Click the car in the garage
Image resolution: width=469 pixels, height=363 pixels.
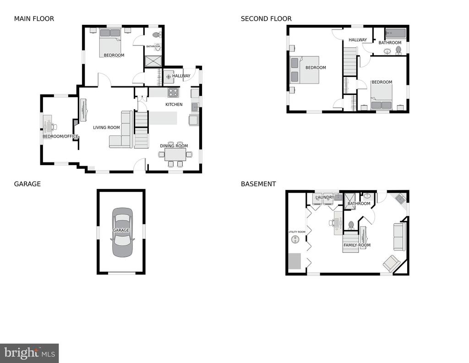point(122,232)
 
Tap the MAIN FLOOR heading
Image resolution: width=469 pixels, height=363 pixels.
point(34,18)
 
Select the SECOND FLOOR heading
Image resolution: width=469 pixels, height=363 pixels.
point(266,18)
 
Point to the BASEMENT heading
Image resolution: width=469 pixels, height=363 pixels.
point(258,184)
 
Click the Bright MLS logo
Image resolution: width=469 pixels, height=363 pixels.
point(29,353)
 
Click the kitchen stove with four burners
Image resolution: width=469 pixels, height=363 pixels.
point(174,93)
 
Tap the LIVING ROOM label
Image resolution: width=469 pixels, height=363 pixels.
point(106,128)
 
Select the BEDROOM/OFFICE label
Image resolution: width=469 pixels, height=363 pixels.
point(60,136)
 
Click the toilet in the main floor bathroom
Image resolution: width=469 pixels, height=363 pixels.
point(157,35)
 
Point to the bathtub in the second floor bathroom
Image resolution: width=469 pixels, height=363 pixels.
point(395,33)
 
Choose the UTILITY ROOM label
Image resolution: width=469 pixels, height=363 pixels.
point(297,232)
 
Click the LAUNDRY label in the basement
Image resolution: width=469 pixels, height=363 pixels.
point(325,197)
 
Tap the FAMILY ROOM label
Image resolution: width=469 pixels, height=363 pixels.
point(357,245)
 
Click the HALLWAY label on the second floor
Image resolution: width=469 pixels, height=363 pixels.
point(357,39)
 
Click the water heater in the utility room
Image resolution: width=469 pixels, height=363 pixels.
point(295,240)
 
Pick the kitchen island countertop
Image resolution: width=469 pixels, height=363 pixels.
point(163,118)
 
